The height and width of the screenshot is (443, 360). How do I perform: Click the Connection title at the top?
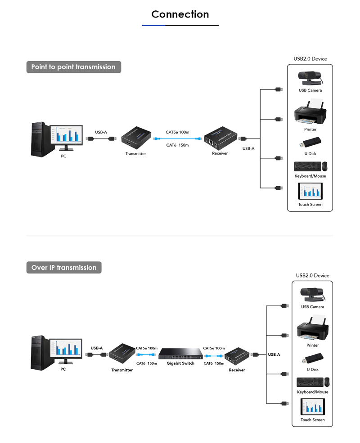pos(180,14)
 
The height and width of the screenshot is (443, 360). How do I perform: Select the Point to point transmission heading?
pos(73,67)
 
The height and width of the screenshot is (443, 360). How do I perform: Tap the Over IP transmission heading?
pos(64,268)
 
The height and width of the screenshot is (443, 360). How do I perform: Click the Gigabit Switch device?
pos(180,354)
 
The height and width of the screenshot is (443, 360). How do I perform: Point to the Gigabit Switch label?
pos(180,363)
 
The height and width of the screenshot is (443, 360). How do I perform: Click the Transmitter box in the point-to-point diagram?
pos(136,137)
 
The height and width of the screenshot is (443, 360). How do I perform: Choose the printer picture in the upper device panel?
pos(310,115)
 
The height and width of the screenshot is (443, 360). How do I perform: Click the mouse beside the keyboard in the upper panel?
pos(325,166)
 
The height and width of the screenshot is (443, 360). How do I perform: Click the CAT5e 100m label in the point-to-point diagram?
pos(177,132)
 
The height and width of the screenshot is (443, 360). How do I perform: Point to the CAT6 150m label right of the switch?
pos(214,363)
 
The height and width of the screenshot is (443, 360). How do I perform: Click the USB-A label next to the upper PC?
pos(101,132)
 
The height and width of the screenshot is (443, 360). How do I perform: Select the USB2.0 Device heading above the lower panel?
pos(312,275)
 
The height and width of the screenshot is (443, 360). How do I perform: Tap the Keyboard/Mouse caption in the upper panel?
pos(310,176)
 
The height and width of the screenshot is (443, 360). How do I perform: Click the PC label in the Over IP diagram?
pos(63,369)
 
